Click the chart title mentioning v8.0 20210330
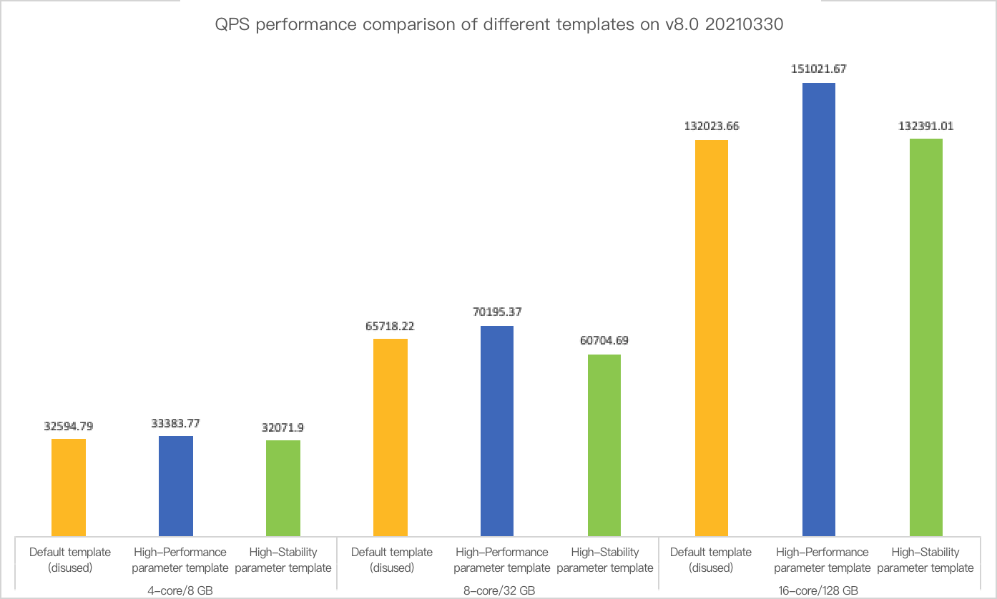pyautogui.click(x=498, y=25)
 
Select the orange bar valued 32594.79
pyautogui.click(x=69, y=487)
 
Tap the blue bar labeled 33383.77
pyautogui.click(x=176, y=485)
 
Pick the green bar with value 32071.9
pyautogui.click(x=283, y=487)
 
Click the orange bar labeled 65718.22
pyautogui.click(x=391, y=437)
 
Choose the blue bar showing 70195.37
pyautogui.click(x=497, y=430)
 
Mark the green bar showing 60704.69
pyautogui.click(x=604, y=445)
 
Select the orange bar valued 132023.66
pyautogui.click(x=712, y=337)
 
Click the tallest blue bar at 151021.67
pyautogui.click(x=819, y=309)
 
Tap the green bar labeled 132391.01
pyautogui.click(x=926, y=337)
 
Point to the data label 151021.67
pyautogui.click(x=819, y=69)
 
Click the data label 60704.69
pyautogui.click(x=604, y=341)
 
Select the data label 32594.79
pyautogui.click(x=69, y=426)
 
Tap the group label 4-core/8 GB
pyautogui.click(x=176, y=591)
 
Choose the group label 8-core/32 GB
pyautogui.click(x=497, y=591)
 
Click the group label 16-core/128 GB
pyautogui.click(x=818, y=591)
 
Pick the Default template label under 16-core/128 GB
pyautogui.click(x=711, y=560)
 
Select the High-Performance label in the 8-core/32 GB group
pyautogui.click(x=502, y=560)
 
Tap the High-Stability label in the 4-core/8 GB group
pyautogui.click(x=283, y=560)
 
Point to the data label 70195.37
pyautogui.click(x=497, y=312)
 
